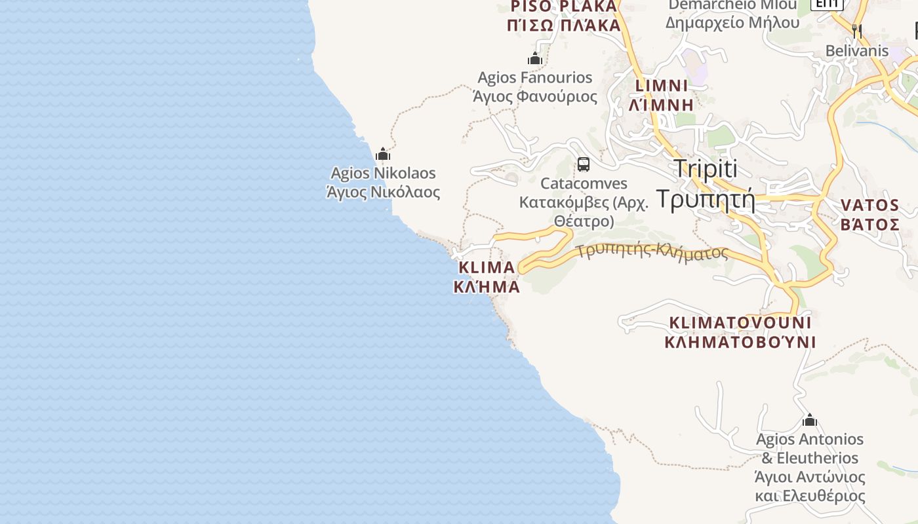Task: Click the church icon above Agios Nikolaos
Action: pyautogui.click(x=383, y=155)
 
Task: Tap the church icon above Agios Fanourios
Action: pyautogui.click(x=535, y=59)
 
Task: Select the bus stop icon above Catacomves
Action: pyautogui.click(x=584, y=164)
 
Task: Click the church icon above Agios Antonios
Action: pyautogui.click(x=810, y=420)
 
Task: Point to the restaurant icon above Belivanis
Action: pyautogui.click(x=856, y=30)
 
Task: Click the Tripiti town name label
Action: pyautogui.click(x=706, y=168)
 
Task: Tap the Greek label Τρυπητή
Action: pyautogui.click(x=706, y=198)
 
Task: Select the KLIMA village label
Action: pyautogui.click(x=487, y=267)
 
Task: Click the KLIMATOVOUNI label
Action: pyautogui.click(x=740, y=322)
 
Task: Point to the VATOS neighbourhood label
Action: pyautogui.click(x=870, y=205)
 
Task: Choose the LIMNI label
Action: pyautogui.click(x=662, y=86)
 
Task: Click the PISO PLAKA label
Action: pyautogui.click(x=564, y=7)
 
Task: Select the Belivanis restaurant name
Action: pyautogui.click(x=856, y=50)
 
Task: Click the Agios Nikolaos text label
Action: pyautogui.click(x=383, y=173)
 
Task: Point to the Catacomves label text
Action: pyautogui.click(x=584, y=183)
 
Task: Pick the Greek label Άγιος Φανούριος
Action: pyautogui.click(x=535, y=97)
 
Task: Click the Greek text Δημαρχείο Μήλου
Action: pyautogui.click(x=732, y=22)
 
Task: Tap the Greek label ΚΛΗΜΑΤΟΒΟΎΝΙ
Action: pyautogui.click(x=740, y=342)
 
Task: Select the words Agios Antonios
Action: pyautogui.click(x=810, y=439)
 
